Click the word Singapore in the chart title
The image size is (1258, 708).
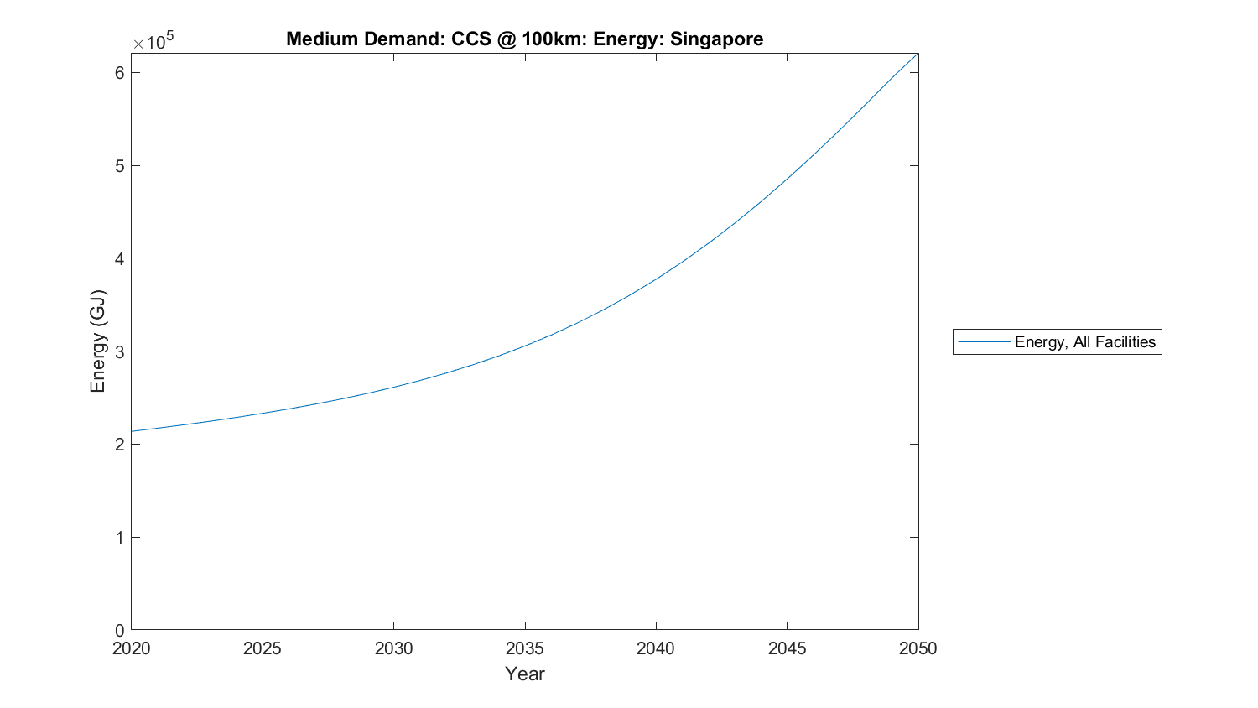(716, 39)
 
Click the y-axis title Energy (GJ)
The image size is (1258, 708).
(98, 341)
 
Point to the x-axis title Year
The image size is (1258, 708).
(525, 674)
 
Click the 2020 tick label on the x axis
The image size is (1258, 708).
(132, 648)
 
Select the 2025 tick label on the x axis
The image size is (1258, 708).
(263, 648)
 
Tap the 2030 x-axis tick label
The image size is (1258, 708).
(394, 648)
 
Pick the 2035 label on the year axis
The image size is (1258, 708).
(525, 648)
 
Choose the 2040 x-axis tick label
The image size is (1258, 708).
(656, 648)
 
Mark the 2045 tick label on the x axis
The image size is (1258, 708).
(788, 648)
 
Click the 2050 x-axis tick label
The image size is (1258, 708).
(918, 648)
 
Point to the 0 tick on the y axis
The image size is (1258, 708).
(120, 630)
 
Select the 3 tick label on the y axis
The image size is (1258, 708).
(120, 351)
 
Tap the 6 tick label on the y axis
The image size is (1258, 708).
(120, 73)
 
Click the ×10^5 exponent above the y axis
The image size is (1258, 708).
(153, 42)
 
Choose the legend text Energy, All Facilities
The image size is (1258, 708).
(1085, 342)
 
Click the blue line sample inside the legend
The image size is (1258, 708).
(984, 342)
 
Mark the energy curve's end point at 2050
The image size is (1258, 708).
(918, 54)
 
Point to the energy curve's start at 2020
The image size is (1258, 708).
(132, 431)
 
